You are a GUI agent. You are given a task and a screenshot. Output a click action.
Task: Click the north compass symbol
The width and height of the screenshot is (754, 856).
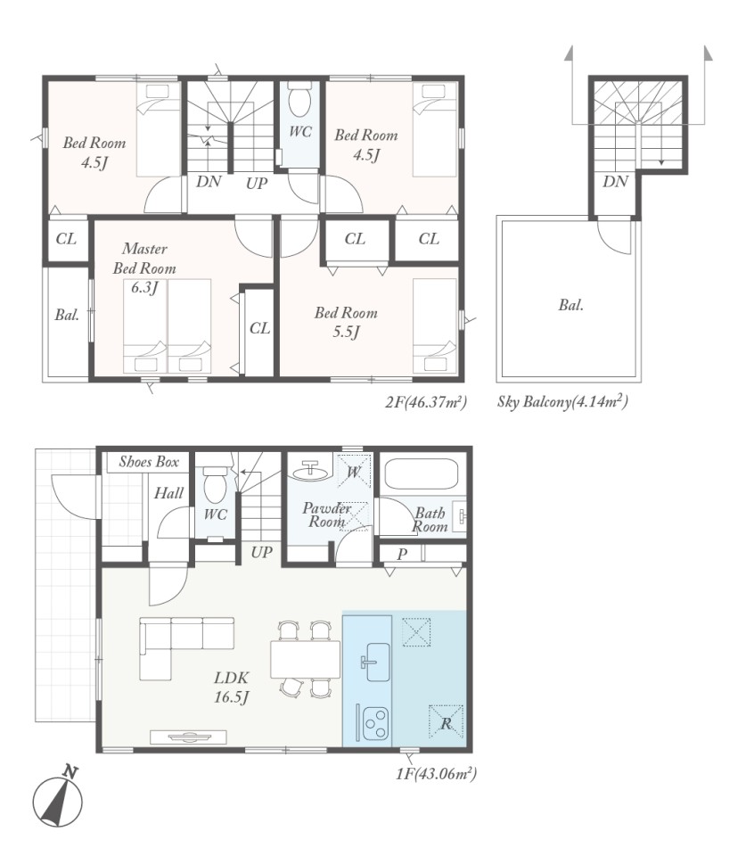[x=57, y=798]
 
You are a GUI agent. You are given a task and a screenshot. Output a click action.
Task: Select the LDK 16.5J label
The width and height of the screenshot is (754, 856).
[x=232, y=687]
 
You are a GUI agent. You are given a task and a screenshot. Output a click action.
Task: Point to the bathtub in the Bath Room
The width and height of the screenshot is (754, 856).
[x=421, y=473]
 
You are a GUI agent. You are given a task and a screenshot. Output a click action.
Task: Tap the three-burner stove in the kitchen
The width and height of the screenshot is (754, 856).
[x=375, y=723]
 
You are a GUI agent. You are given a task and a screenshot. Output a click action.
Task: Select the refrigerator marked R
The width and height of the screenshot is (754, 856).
[x=446, y=722]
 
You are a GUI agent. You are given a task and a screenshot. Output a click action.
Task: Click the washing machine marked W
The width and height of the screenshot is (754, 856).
[x=354, y=471]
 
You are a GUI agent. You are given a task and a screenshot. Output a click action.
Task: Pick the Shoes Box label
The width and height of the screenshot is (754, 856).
[x=149, y=462]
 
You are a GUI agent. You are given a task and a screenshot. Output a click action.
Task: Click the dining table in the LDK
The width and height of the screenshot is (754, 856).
[x=306, y=660]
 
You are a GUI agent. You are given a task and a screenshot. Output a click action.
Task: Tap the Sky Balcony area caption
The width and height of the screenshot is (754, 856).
[x=562, y=402]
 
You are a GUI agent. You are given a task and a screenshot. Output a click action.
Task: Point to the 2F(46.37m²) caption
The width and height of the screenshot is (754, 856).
[x=426, y=402]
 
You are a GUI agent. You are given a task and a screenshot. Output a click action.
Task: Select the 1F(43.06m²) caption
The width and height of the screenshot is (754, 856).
[x=437, y=774]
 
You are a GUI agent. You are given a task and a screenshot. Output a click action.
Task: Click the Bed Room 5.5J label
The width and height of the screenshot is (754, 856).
[x=346, y=322]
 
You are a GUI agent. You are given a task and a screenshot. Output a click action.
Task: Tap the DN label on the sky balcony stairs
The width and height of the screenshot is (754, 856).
[x=616, y=181]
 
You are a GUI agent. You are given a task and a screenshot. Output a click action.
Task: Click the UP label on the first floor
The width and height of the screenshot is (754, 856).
[x=261, y=553]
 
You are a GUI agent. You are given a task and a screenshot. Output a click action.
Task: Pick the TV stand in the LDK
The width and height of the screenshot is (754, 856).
[x=188, y=737]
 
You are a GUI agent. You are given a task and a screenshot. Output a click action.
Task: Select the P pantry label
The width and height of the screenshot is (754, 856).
[x=402, y=554]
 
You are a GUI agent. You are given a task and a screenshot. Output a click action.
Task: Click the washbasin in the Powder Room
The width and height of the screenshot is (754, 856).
[x=310, y=470]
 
